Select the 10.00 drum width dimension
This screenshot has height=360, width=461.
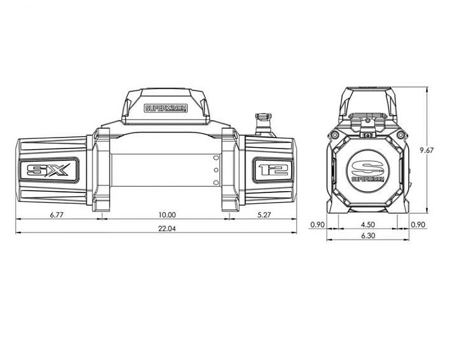[167, 215]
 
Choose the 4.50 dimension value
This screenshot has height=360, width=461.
[367, 224]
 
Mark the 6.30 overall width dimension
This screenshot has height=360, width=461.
[367, 236]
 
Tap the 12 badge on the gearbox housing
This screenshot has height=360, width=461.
[273, 170]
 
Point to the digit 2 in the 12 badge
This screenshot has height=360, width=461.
[280, 170]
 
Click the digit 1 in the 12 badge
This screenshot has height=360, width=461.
[264, 170]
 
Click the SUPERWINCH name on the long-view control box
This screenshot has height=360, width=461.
[166, 108]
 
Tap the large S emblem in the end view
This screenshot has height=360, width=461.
[368, 167]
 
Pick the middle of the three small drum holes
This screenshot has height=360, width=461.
[216, 171]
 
